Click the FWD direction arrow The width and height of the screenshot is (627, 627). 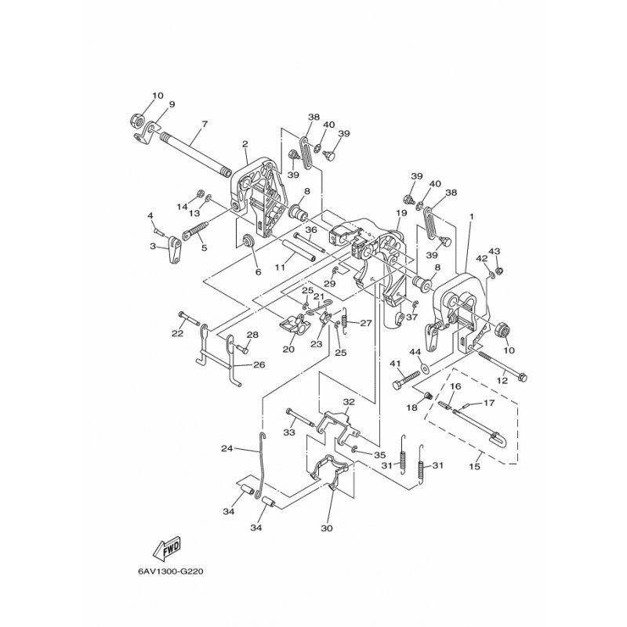[x=168, y=545]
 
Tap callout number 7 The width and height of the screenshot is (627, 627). [x=205, y=125]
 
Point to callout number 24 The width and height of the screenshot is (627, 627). [x=227, y=449]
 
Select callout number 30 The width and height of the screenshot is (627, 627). [x=327, y=528]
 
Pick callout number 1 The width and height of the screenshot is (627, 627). [x=471, y=216]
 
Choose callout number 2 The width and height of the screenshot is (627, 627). [x=223, y=143]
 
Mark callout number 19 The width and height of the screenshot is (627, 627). [x=400, y=213]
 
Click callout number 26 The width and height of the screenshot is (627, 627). [x=259, y=364]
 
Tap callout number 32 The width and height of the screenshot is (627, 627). [x=349, y=402]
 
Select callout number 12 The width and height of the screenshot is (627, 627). [x=502, y=380]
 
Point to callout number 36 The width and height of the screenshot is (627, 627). [x=310, y=230]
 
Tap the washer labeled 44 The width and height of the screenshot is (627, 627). [x=424, y=366]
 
